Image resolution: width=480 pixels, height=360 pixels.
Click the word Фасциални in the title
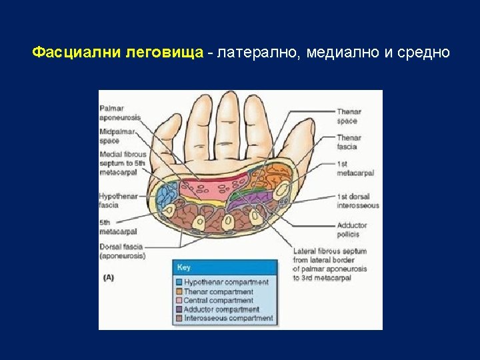(77, 53)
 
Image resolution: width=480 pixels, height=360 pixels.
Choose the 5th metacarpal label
(118, 227)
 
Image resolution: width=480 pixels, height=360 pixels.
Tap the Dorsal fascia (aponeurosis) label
(122, 251)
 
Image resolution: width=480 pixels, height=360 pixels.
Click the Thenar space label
(347, 117)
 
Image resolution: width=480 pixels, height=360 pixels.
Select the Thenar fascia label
(347, 142)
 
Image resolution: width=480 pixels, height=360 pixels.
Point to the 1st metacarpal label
(355, 168)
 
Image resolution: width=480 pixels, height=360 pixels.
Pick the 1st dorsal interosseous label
(357, 201)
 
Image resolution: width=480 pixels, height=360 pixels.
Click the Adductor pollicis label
(352, 230)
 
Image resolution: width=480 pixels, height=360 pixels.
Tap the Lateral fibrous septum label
(330, 265)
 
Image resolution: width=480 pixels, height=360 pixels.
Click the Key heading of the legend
(183, 267)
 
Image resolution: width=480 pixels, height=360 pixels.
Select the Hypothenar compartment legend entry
(226, 282)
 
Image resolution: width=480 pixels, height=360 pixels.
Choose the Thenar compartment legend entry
(218, 291)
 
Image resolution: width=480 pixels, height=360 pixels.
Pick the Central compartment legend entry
(218, 301)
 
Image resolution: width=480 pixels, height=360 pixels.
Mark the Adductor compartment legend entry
(221, 309)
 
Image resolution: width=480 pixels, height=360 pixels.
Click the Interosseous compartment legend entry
(228, 319)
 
